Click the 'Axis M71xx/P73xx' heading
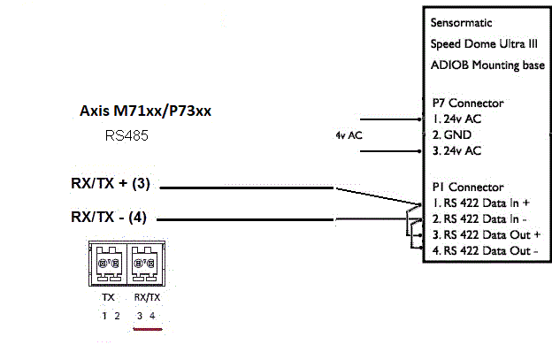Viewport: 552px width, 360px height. [x=146, y=112]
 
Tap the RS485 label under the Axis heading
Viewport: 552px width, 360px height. [x=126, y=137]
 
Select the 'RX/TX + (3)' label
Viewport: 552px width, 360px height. [x=111, y=185]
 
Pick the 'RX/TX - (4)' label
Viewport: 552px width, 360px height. [x=110, y=216]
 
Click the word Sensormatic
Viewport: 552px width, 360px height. [x=461, y=22]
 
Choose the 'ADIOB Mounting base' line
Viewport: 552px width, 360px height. [x=487, y=65]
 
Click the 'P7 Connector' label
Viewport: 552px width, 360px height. [x=466, y=103]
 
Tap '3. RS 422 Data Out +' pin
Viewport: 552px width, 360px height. [x=486, y=234]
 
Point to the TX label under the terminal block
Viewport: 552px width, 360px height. [x=109, y=298]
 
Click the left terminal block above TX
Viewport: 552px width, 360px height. [x=108, y=264]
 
